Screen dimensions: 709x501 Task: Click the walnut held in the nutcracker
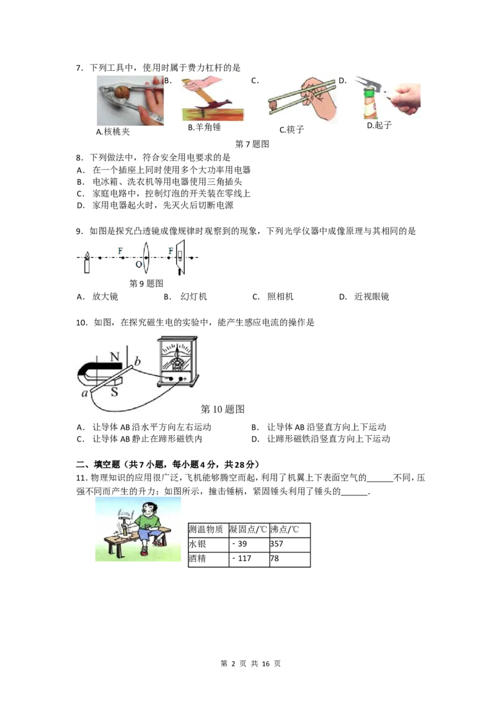pyautogui.click(x=124, y=93)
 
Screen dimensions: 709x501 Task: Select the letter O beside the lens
pyautogui.click(x=138, y=266)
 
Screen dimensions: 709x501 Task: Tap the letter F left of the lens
pyautogui.click(x=120, y=251)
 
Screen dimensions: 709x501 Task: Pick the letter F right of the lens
pyautogui.click(x=170, y=251)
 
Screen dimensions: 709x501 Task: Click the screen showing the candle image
pyautogui.click(x=180, y=256)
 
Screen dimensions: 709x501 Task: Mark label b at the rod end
pyautogui.click(x=138, y=361)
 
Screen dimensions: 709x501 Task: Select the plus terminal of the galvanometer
pyautogui.click(x=184, y=380)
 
